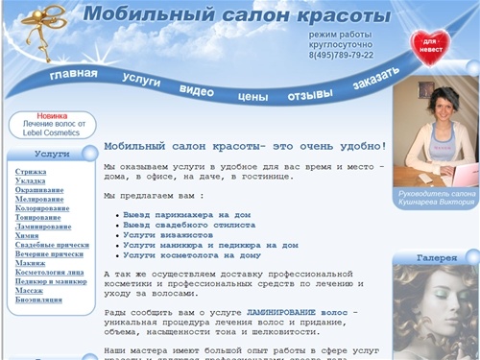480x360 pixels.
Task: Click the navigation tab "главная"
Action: pos(74,75)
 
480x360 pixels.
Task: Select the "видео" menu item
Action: pos(196,90)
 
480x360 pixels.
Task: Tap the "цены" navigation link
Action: pos(252,96)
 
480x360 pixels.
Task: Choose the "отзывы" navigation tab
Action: pos(310,95)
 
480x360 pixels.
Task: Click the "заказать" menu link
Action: pos(371,83)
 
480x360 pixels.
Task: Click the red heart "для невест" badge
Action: pos(431,46)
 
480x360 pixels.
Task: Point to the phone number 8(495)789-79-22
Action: pos(341,55)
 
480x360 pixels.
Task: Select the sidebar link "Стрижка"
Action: pos(31,171)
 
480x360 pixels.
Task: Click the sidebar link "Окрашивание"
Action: pos(39,190)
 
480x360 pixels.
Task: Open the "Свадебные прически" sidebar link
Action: pos(52,245)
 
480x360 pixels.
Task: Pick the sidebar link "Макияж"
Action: pos(31,263)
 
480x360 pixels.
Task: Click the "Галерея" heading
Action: pos(435,258)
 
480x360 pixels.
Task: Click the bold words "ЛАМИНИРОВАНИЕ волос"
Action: pos(298,313)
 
